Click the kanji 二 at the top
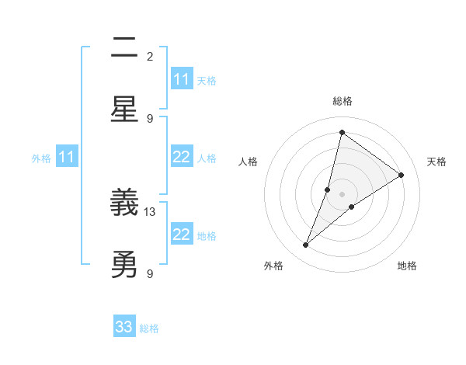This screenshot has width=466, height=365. click(x=124, y=48)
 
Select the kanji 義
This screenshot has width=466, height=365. click(x=124, y=204)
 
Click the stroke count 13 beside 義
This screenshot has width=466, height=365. click(x=151, y=211)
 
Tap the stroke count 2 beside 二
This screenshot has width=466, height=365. click(x=150, y=56)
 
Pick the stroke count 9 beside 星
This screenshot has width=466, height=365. click(x=150, y=118)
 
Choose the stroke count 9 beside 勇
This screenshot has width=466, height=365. click(x=150, y=273)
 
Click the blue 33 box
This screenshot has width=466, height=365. click(x=124, y=327)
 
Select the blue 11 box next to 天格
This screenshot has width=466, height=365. click(x=182, y=79)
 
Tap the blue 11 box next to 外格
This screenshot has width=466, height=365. click(x=67, y=158)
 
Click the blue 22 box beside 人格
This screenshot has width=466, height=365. click(x=182, y=158)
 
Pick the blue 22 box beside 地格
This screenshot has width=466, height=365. click(x=182, y=235)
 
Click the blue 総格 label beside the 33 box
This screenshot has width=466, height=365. click(x=149, y=328)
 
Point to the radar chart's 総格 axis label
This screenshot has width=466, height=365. click(x=342, y=102)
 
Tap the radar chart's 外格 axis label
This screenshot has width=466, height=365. click(x=273, y=266)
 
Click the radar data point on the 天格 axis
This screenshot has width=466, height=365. click(x=401, y=175)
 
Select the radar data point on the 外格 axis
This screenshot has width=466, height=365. click(x=306, y=245)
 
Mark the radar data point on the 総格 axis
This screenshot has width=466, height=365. click(x=342, y=132)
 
